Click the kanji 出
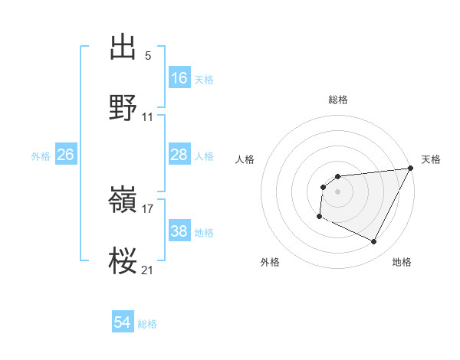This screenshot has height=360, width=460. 123,47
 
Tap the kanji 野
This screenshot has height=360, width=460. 123,108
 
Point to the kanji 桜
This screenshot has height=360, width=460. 123,260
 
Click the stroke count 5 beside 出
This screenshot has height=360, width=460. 148,56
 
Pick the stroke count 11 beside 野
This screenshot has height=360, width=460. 148,117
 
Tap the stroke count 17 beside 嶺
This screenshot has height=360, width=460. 148,208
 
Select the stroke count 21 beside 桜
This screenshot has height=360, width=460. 148,269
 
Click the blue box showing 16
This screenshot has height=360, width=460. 179,77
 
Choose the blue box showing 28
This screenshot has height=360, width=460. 179,155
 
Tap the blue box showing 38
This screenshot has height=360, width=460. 179,231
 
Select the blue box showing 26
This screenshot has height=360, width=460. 66,155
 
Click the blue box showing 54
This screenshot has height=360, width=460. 123,323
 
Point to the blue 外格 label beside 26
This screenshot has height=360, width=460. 41,155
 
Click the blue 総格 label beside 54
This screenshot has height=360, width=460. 147,324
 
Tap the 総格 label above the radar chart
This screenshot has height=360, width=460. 337,100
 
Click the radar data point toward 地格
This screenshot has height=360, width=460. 374,242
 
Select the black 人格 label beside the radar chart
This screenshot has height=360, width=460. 245,159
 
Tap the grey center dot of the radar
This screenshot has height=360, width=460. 337,191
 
